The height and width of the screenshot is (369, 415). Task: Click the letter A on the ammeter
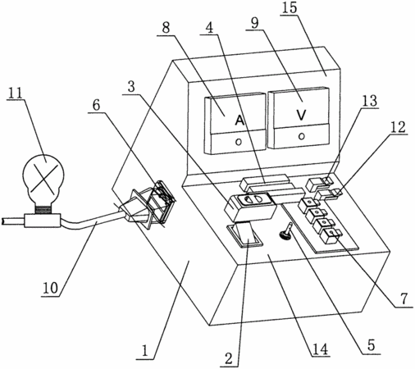click(x=239, y=121)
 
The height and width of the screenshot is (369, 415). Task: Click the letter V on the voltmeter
click(x=301, y=115)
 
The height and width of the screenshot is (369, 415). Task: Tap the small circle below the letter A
click(x=239, y=142)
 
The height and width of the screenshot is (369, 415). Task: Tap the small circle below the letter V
click(x=302, y=136)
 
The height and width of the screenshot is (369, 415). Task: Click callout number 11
click(x=15, y=93)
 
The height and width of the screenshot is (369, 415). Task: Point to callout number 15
click(x=290, y=7)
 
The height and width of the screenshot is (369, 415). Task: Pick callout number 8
click(x=166, y=28)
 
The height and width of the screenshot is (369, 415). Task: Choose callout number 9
click(x=254, y=23)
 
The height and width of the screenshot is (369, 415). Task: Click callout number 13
click(x=370, y=101)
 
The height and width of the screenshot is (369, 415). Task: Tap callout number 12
click(x=398, y=127)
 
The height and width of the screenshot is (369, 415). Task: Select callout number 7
click(x=404, y=298)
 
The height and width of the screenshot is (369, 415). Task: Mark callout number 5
click(x=371, y=345)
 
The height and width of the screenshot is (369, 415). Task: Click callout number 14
click(x=321, y=348)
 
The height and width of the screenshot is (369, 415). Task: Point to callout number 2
click(x=229, y=358)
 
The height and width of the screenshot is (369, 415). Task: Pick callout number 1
click(x=145, y=351)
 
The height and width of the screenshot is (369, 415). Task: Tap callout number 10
click(x=51, y=288)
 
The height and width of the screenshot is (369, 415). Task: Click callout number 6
click(x=96, y=106)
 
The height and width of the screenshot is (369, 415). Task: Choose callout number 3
click(x=131, y=87)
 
